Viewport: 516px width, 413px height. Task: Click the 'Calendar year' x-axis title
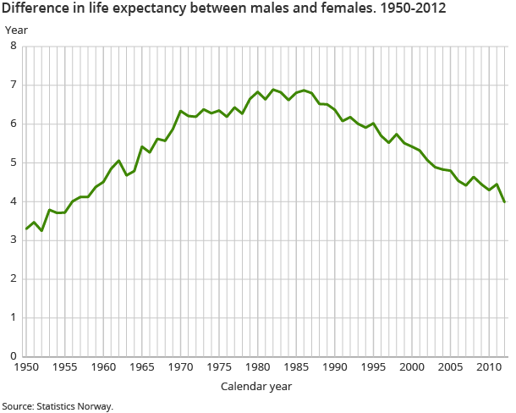(x=256, y=387)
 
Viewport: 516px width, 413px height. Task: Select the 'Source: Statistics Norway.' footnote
(x=58, y=406)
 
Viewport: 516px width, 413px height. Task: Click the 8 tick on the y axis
(x=13, y=46)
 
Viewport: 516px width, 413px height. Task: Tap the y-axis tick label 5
(x=13, y=162)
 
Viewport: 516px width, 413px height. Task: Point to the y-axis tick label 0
(x=13, y=356)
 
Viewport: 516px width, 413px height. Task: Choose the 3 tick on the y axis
(x=13, y=240)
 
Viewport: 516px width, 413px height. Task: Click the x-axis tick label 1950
(x=26, y=368)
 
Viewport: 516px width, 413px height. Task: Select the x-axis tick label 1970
(x=180, y=368)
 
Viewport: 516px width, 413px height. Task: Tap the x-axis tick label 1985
(x=296, y=368)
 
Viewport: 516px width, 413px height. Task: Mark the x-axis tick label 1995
(x=373, y=368)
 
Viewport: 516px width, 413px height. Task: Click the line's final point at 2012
(x=504, y=201)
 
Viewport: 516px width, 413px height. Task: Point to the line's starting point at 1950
(x=26, y=229)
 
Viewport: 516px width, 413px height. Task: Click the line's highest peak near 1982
(x=273, y=89)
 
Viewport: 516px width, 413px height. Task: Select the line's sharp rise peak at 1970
(x=180, y=111)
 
